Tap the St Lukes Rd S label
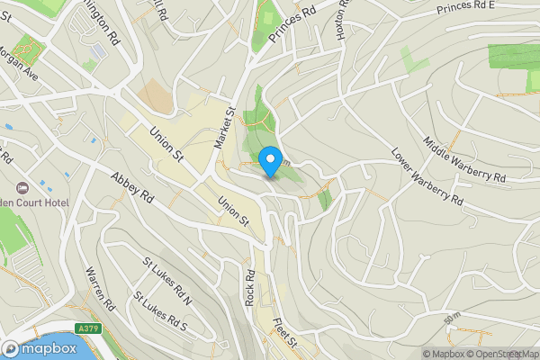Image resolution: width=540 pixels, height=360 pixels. (x=159, y=311)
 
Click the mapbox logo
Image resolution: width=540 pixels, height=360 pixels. (x=37, y=348)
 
